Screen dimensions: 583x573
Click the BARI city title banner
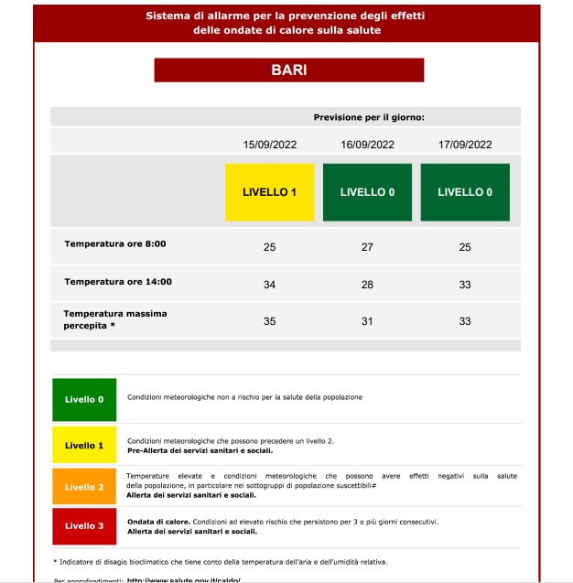[288, 70]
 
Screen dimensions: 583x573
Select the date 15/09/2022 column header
[270, 144]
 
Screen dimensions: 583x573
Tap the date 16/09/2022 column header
[367, 144]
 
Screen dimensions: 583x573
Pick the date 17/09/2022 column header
[465, 144]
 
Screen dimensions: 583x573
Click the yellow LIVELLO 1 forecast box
[270, 192]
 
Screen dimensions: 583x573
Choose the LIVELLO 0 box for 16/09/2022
[367, 192]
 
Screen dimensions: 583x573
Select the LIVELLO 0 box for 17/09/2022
[465, 192]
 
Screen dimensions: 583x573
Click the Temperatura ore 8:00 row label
[115, 244]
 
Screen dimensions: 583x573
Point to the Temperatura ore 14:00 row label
[118, 282]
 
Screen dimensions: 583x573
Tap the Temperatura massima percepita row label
[115, 318]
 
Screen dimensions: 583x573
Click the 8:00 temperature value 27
[367, 247]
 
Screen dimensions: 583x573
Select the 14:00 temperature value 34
[270, 285]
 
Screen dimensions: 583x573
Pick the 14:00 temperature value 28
[367, 285]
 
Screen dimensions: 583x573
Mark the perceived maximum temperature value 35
[270, 321]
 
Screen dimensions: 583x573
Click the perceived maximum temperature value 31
[367, 321]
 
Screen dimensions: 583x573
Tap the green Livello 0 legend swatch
[84, 399]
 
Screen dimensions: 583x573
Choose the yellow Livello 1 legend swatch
[84, 445]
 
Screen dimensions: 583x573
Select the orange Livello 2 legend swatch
[84, 487]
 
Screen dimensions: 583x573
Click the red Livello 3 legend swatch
[84, 526]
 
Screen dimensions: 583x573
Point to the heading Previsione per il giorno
[369, 117]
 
